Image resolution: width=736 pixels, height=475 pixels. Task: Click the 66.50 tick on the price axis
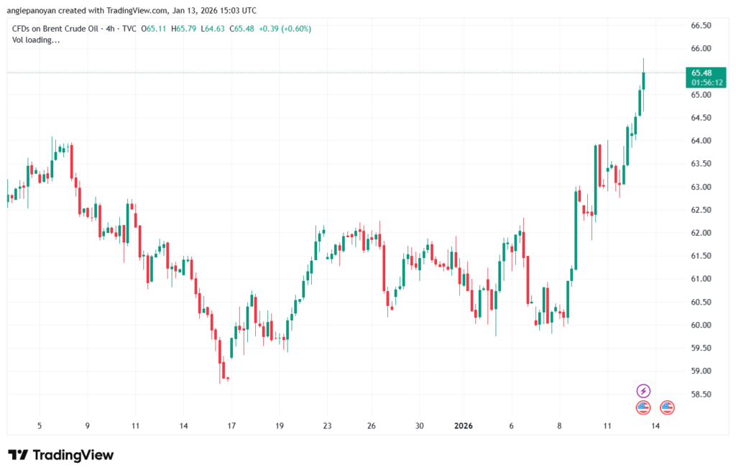click(x=701, y=26)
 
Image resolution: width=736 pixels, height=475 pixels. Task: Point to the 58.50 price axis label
click(x=701, y=394)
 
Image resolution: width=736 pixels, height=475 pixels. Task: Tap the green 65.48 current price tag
click(x=701, y=73)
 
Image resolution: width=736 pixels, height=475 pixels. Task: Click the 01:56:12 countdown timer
click(x=701, y=82)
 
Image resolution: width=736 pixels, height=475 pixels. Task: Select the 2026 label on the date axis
click(x=464, y=425)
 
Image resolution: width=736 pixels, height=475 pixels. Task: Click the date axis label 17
click(x=231, y=425)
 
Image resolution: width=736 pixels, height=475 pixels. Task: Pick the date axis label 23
click(x=327, y=425)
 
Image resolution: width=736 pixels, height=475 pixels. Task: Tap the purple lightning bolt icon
click(x=643, y=391)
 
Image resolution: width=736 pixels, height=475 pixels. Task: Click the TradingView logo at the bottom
click(x=61, y=455)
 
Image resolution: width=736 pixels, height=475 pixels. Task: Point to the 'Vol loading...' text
click(x=37, y=40)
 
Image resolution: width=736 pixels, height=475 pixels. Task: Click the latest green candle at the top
click(x=643, y=80)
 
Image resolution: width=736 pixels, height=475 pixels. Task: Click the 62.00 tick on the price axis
click(x=701, y=233)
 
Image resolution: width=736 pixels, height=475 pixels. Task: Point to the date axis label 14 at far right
click(x=656, y=425)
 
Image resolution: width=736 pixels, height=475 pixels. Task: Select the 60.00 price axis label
click(x=701, y=325)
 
